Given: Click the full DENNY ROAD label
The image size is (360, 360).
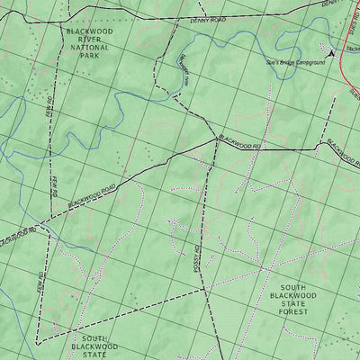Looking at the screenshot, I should pos(205,18).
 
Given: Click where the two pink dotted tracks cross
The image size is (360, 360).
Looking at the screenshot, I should pos(262,268).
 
